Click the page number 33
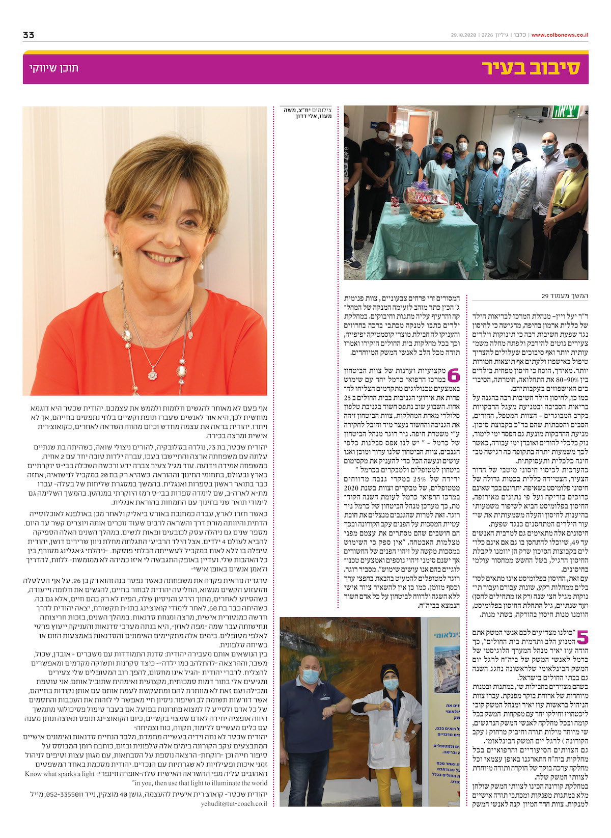pyautogui.click(x=29, y=35)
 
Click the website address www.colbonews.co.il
pyautogui.click(x=560, y=35)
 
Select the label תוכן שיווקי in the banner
pyautogui.click(x=53, y=68)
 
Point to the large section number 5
pyautogui.click(x=581, y=637)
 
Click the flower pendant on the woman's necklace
pyautogui.click(x=152, y=375)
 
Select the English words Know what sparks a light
pyautogui.click(x=60, y=774)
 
